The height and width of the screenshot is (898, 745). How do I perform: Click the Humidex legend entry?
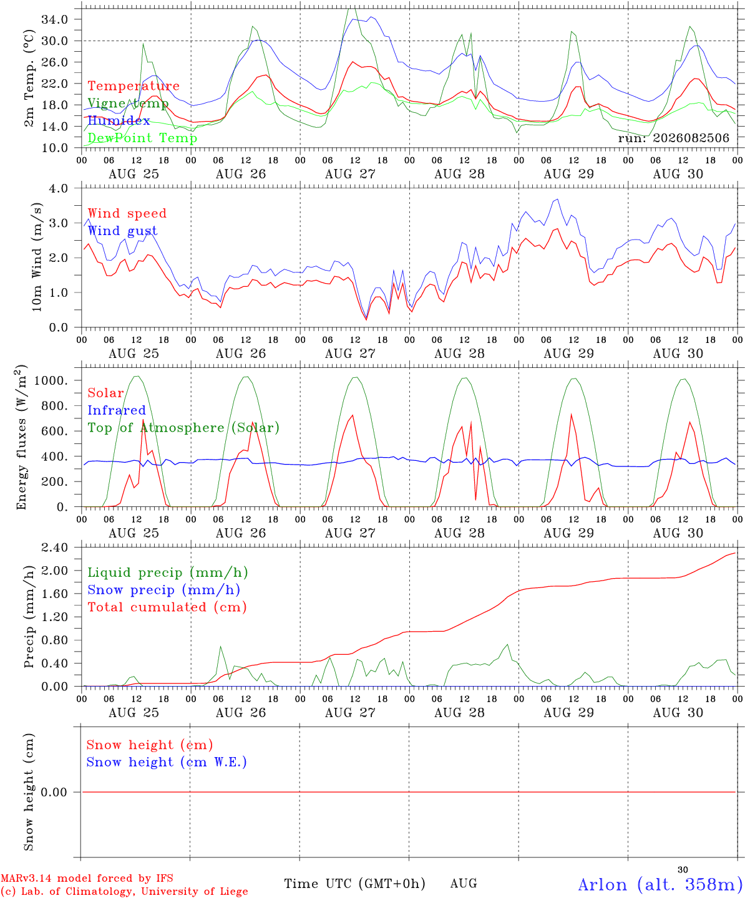coord(119,120)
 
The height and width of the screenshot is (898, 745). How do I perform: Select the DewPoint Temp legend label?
coord(142,138)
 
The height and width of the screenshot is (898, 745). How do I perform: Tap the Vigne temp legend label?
coord(129,104)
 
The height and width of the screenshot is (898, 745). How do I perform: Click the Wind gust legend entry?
coord(123,231)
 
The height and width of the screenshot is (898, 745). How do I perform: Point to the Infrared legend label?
coord(117,410)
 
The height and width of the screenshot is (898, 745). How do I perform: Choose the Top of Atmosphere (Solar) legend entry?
coord(184,428)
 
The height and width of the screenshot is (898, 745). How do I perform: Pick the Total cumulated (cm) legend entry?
coord(167,607)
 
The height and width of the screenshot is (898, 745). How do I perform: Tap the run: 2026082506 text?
coord(673,138)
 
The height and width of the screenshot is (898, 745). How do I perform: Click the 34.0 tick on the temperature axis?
coord(55,19)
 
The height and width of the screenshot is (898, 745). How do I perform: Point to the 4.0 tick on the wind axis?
coord(58,188)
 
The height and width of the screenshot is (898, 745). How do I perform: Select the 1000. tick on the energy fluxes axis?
coord(51,380)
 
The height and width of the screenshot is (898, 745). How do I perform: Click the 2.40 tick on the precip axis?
coord(55,548)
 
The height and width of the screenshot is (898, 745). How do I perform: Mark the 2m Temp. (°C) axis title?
coord(29,79)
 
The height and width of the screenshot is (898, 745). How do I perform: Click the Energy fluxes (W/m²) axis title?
coord(21,437)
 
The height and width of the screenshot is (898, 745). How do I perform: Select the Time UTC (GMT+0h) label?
coord(354,884)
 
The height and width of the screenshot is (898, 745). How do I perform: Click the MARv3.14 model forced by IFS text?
coord(87,878)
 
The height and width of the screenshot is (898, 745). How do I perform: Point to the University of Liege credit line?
coord(124,891)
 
